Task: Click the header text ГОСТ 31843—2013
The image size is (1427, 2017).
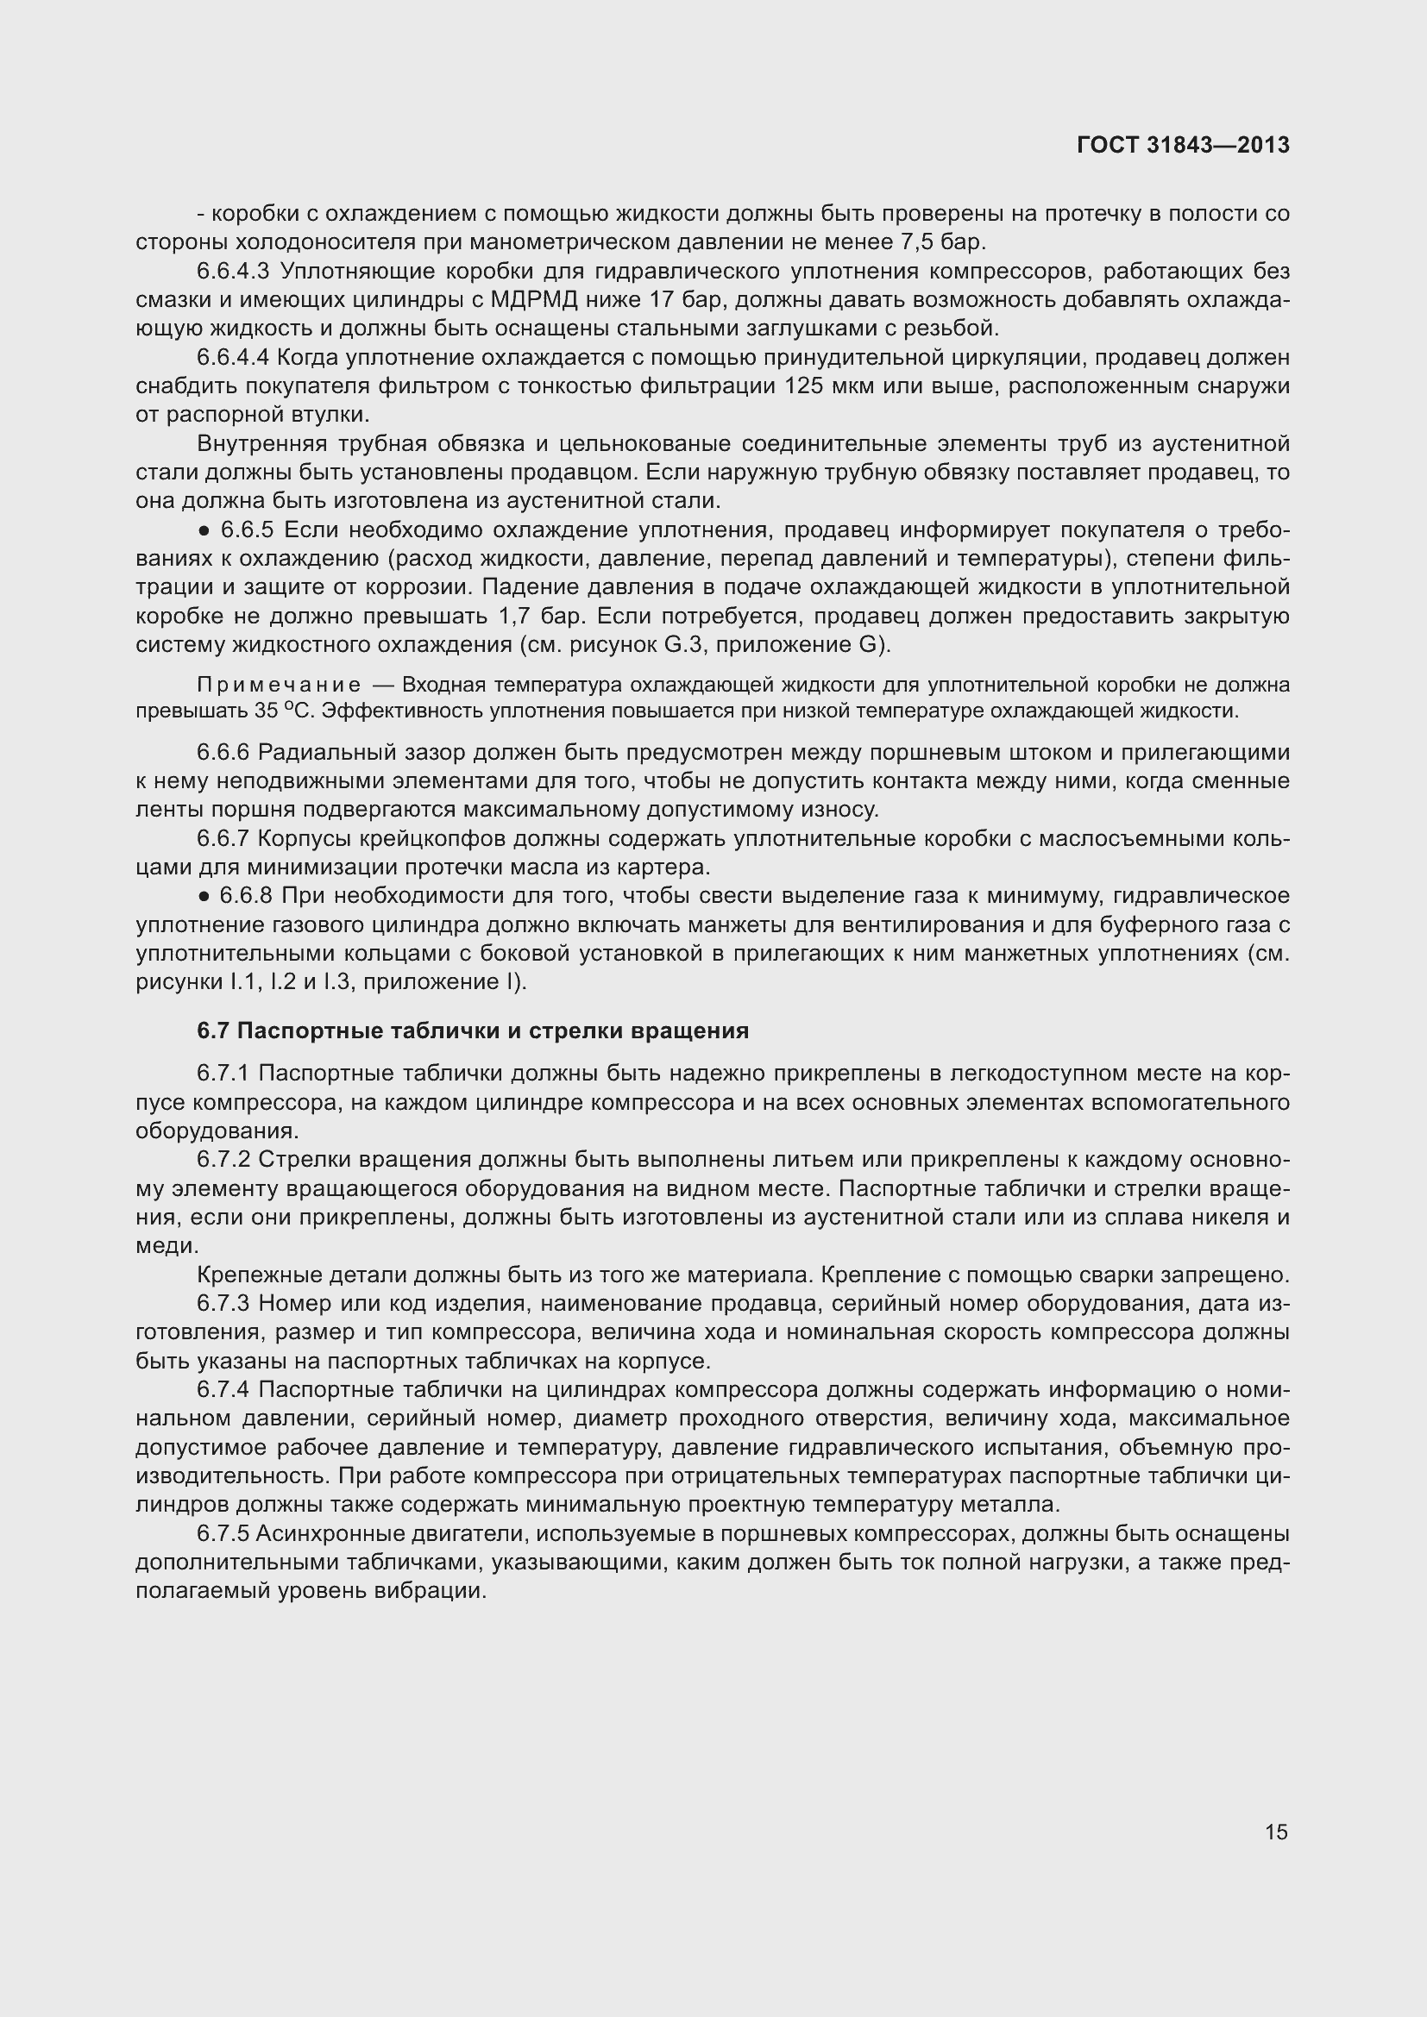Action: tap(1183, 146)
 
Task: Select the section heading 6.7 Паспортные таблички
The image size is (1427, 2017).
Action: tap(473, 1030)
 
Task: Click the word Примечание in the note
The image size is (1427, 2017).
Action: tap(279, 686)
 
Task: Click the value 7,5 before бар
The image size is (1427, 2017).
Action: tap(908, 242)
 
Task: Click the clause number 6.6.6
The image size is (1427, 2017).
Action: tap(223, 753)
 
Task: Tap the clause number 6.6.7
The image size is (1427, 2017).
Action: tap(223, 839)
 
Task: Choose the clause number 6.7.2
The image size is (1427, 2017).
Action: tap(223, 1161)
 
